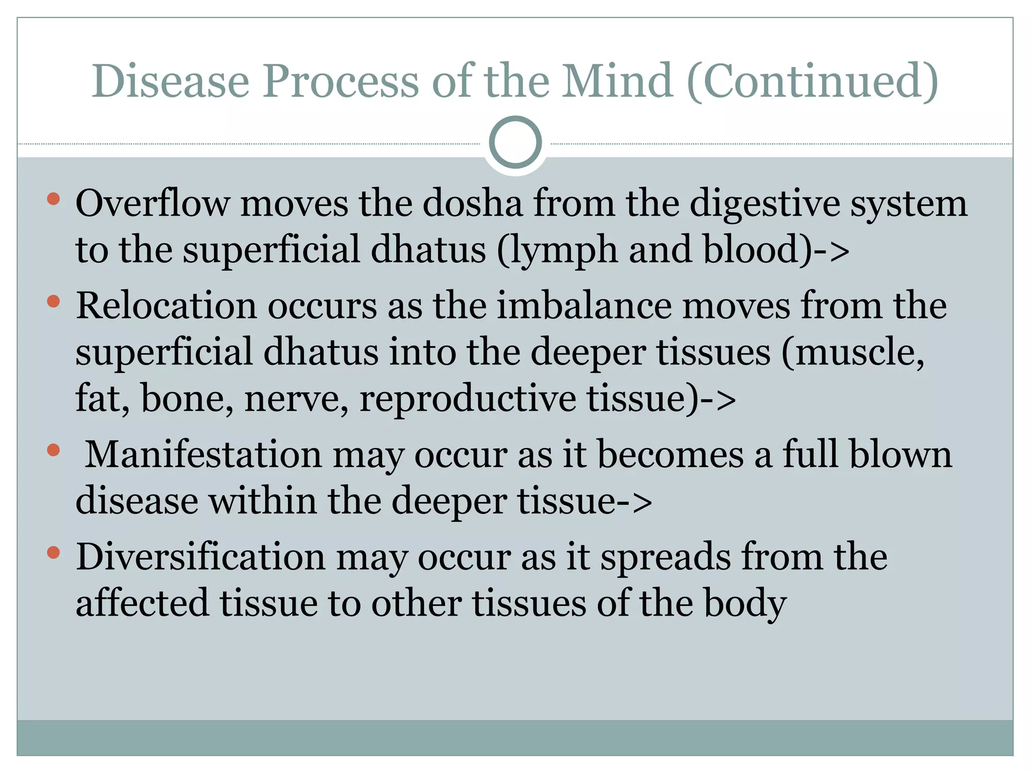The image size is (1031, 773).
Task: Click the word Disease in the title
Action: [x=170, y=81]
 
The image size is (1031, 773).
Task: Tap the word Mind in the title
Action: [x=617, y=81]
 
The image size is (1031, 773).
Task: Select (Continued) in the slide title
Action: [x=813, y=82]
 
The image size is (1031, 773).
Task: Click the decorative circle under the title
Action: [x=515, y=142]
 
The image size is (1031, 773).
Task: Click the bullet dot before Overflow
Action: [x=53, y=199]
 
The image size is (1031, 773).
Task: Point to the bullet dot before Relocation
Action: [x=53, y=301]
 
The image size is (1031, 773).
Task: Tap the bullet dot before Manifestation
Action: [x=53, y=450]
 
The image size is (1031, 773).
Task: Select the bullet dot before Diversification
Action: [x=53, y=553]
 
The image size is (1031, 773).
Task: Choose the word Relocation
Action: [x=166, y=306]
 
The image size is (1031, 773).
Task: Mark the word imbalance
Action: [x=584, y=306]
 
